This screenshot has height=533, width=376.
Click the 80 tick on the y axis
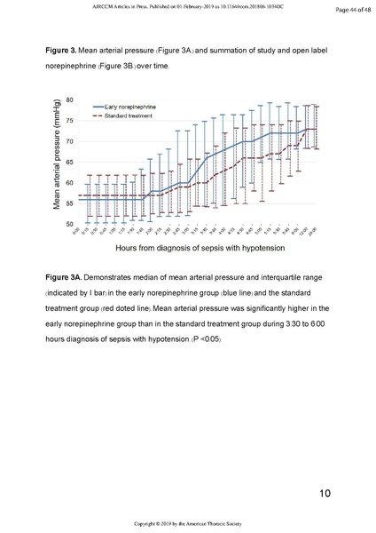[67, 100]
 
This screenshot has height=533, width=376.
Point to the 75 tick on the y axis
[67, 121]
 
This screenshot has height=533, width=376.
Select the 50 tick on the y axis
[67, 224]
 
